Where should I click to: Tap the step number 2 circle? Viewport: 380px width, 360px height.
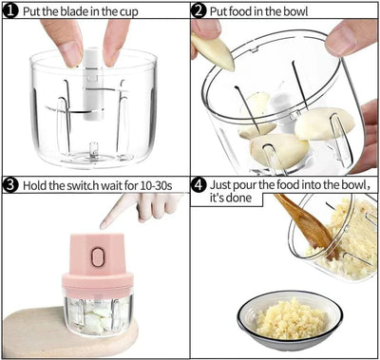click(199, 11)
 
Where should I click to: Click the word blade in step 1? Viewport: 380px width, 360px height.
click(74, 11)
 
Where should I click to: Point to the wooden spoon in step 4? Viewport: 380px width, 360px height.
click(304, 223)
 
